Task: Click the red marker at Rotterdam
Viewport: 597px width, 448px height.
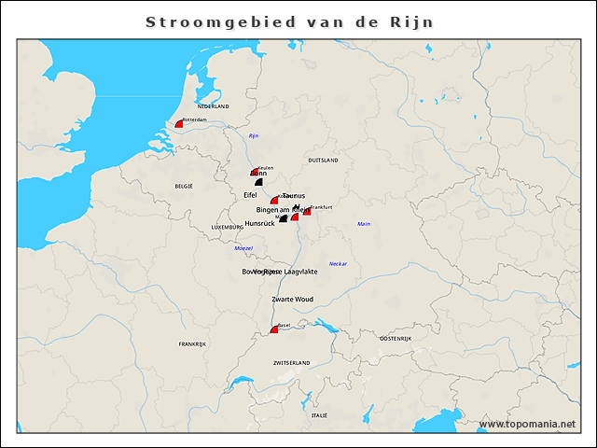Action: click(x=179, y=124)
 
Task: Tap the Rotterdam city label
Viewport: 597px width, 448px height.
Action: click(x=195, y=120)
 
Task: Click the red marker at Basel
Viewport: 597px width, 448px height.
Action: click(x=274, y=329)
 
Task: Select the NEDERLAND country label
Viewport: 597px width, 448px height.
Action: click(x=213, y=106)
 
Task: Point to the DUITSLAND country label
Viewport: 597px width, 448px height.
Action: click(x=323, y=161)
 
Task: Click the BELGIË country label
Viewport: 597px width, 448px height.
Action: click(x=184, y=186)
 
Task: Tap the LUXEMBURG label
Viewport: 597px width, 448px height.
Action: click(x=228, y=227)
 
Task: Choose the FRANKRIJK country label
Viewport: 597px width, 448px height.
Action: click(x=193, y=344)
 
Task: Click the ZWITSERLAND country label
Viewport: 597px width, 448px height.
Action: click(x=291, y=362)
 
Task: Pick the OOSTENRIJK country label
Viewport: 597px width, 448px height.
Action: click(x=396, y=338)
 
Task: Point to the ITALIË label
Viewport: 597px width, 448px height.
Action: click(x=320, y=414)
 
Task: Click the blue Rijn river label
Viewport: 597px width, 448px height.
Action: click(x=253, y=136)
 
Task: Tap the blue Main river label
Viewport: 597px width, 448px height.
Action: click(x=364, y=224)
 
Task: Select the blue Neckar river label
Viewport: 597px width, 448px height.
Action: click(x=338, y=264)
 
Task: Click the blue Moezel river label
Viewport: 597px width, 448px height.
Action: click(x=243, y=248)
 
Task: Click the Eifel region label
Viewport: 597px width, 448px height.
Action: click(x=250, y=194)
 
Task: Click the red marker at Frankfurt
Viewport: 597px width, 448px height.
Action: click(x=307, y=211)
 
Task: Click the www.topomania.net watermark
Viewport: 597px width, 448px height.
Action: click(x=527, y=425)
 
